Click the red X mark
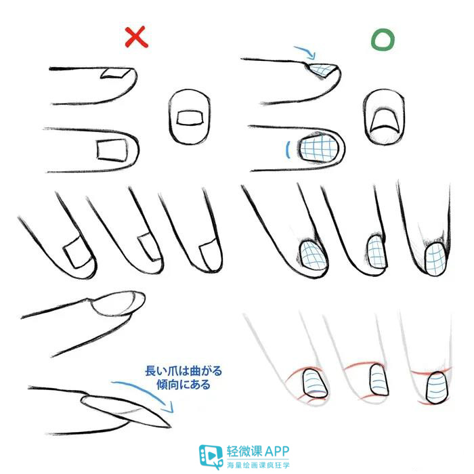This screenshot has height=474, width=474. [136, 37]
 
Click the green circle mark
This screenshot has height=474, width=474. [382, 40]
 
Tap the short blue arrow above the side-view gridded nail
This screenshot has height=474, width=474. [305, 51]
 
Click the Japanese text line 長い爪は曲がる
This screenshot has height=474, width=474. [184, 372]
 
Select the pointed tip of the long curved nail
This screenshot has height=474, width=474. [165, 425]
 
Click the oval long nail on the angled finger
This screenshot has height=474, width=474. [116, 304]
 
